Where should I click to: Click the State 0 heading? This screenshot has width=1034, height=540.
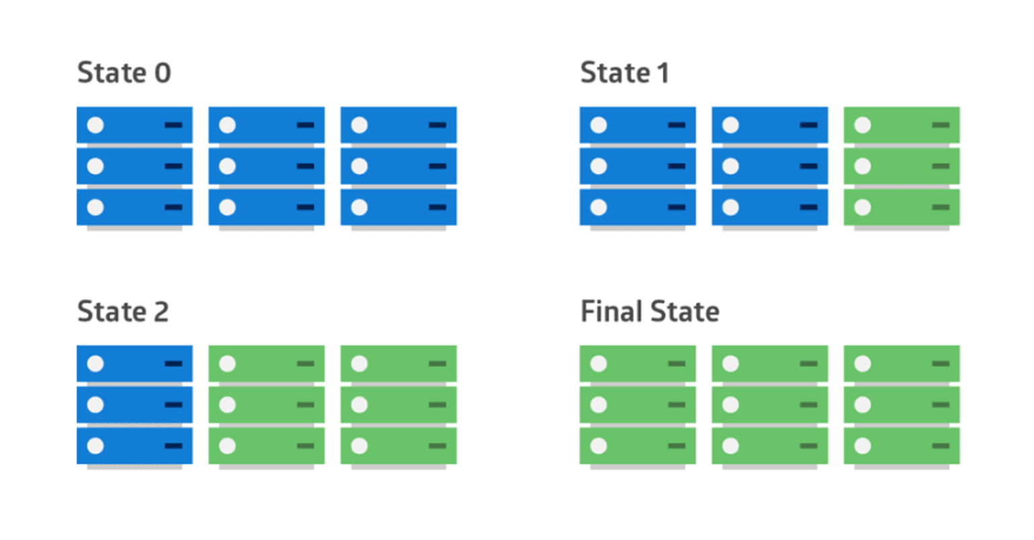point(124,73)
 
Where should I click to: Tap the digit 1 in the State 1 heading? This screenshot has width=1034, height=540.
point(663,73)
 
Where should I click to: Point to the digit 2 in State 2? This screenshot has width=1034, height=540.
point(160,312)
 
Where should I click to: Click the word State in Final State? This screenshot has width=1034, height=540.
point(685,312)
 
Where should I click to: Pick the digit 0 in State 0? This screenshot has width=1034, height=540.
point(162,73)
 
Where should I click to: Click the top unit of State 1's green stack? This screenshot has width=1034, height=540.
point(901,125)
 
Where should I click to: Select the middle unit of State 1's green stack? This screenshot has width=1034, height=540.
point(901,166)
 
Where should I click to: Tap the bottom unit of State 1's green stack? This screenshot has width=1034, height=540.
point(901,207)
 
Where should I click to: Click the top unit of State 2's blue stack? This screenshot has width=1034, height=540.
point(134,364)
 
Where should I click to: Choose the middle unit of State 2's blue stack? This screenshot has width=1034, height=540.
point(134,405)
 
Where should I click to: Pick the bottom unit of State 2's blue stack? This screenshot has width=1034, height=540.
point(134,446)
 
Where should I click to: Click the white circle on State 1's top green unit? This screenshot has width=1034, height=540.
point(863,125)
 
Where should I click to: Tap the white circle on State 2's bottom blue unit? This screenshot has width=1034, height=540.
point(95,446)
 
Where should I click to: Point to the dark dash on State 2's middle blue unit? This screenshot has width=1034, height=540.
point(173,405)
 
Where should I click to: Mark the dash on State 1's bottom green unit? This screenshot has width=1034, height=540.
point(941,207)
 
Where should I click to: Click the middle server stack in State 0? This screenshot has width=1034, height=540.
point(267,166)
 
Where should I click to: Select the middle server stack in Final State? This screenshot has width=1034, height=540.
point(769,405)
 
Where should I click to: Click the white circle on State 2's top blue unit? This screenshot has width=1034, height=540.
point(95,364)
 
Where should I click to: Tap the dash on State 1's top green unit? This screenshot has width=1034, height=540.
point(941,125)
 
